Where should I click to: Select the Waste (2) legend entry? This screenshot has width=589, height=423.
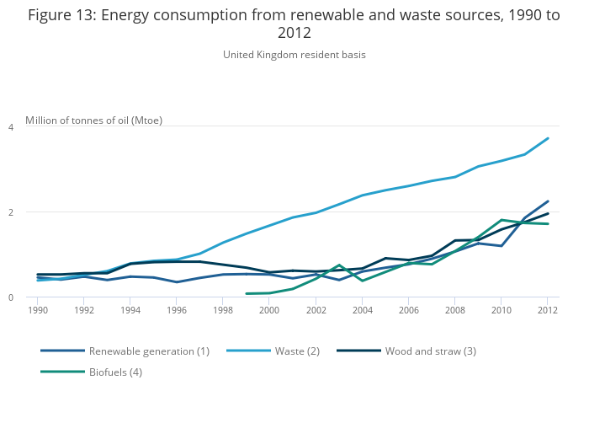(297, 351)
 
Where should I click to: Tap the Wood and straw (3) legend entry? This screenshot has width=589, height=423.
(430, 351)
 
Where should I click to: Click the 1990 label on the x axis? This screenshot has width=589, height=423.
(37, 310)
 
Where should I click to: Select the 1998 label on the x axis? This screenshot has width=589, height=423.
(223, 310)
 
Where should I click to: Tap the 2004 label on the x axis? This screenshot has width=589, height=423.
(362, 310)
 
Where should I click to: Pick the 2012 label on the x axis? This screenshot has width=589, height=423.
(548, 310)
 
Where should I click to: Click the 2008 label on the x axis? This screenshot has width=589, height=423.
(455, 310)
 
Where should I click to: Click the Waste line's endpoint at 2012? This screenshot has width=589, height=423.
(548, 138)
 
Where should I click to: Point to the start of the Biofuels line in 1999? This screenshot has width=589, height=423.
(247, 294)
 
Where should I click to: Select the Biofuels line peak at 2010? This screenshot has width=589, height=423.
(501, 220)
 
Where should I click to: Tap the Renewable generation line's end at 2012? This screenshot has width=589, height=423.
(548, 201)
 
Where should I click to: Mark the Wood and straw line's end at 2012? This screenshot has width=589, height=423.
(548, 213)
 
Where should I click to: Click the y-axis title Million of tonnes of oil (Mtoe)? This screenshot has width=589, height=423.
(94, 120)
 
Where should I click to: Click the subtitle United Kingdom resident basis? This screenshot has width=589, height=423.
(294, 55)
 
